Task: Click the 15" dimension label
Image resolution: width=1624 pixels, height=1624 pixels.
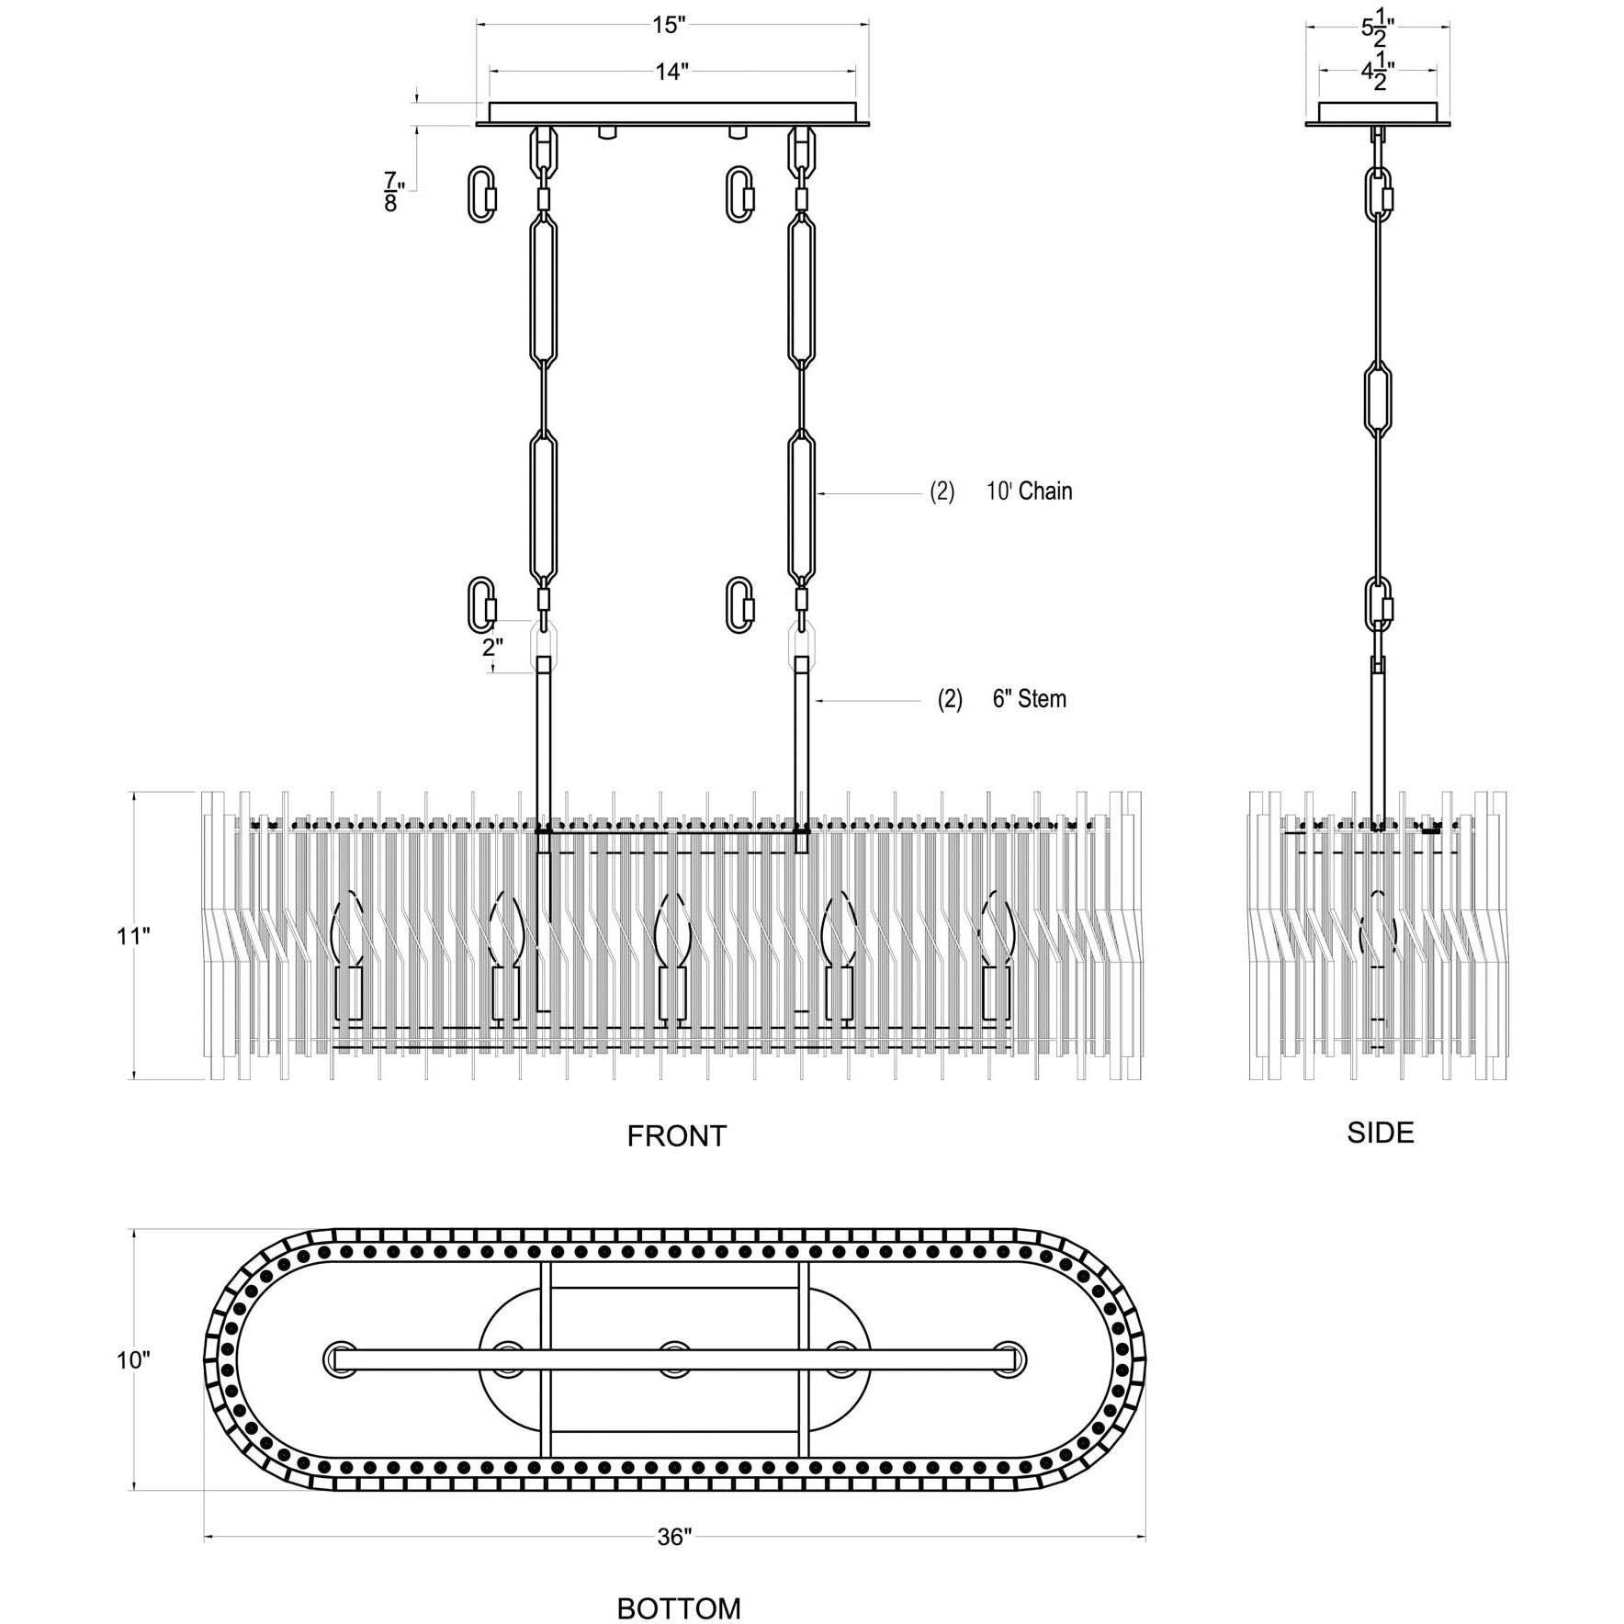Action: pyautogui.click(x=670, y=25)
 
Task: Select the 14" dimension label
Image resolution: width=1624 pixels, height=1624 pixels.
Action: pyautogui.click(x=671, y=72)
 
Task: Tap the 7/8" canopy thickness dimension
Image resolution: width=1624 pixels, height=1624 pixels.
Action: pyautogui.click(x=392, y=192)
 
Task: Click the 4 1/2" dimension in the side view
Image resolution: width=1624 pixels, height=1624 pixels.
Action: pyautogui.click(x=1377, y=73)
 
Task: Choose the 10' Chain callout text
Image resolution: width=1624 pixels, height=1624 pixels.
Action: pyautogui.click(x=1029, y=491)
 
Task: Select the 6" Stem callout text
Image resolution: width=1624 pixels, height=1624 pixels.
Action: pyautogui.click(x=1029, y=699)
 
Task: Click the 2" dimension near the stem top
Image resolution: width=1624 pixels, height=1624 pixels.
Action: pyautogui.click(x=492, y=647)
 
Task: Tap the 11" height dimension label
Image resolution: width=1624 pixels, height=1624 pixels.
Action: pyautogui.click(x=132, y=937)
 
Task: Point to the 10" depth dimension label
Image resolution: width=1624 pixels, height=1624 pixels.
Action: pyautogui.click(x=132, y=1359)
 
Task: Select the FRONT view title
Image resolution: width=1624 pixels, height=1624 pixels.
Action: pyautogui.click(x=676, y=1136)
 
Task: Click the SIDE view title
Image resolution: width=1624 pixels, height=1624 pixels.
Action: pyautogui.click(x=1380, y=1133)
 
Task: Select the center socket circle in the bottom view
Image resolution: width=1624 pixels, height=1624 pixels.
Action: pyautogui.click(x=674, y=1359)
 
